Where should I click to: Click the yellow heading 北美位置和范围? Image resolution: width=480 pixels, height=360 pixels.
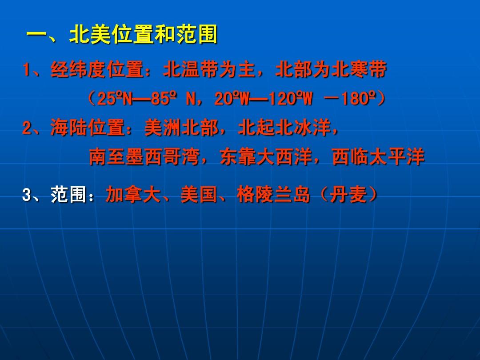pos(144,34)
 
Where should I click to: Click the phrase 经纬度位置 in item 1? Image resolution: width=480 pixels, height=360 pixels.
pos(97,69)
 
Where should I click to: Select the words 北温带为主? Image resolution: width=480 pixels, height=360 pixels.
pos(209,69)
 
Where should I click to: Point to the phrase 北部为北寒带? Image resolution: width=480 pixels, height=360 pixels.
pos(331,69)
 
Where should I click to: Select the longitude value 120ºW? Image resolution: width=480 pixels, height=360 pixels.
pos(291,99)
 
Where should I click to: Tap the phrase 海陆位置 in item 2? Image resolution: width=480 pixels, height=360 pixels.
pos(88,128)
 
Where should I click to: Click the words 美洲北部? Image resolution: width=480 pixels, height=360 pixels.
pos(181,128)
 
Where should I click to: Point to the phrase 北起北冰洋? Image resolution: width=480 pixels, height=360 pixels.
pos(284,128)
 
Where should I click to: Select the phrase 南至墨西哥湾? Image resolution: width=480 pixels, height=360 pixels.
pos(144,157)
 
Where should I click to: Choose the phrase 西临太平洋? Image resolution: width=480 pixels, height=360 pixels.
pos(378,157)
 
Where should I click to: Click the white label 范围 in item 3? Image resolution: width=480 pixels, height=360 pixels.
pos(69,194)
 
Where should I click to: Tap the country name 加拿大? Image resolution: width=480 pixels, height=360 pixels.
pos(133,194)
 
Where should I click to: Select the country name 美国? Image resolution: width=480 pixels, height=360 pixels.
pos(199,194)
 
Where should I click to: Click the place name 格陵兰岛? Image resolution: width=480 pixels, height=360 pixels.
pos(273,194)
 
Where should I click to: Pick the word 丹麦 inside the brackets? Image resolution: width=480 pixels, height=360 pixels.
pos(348,194)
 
